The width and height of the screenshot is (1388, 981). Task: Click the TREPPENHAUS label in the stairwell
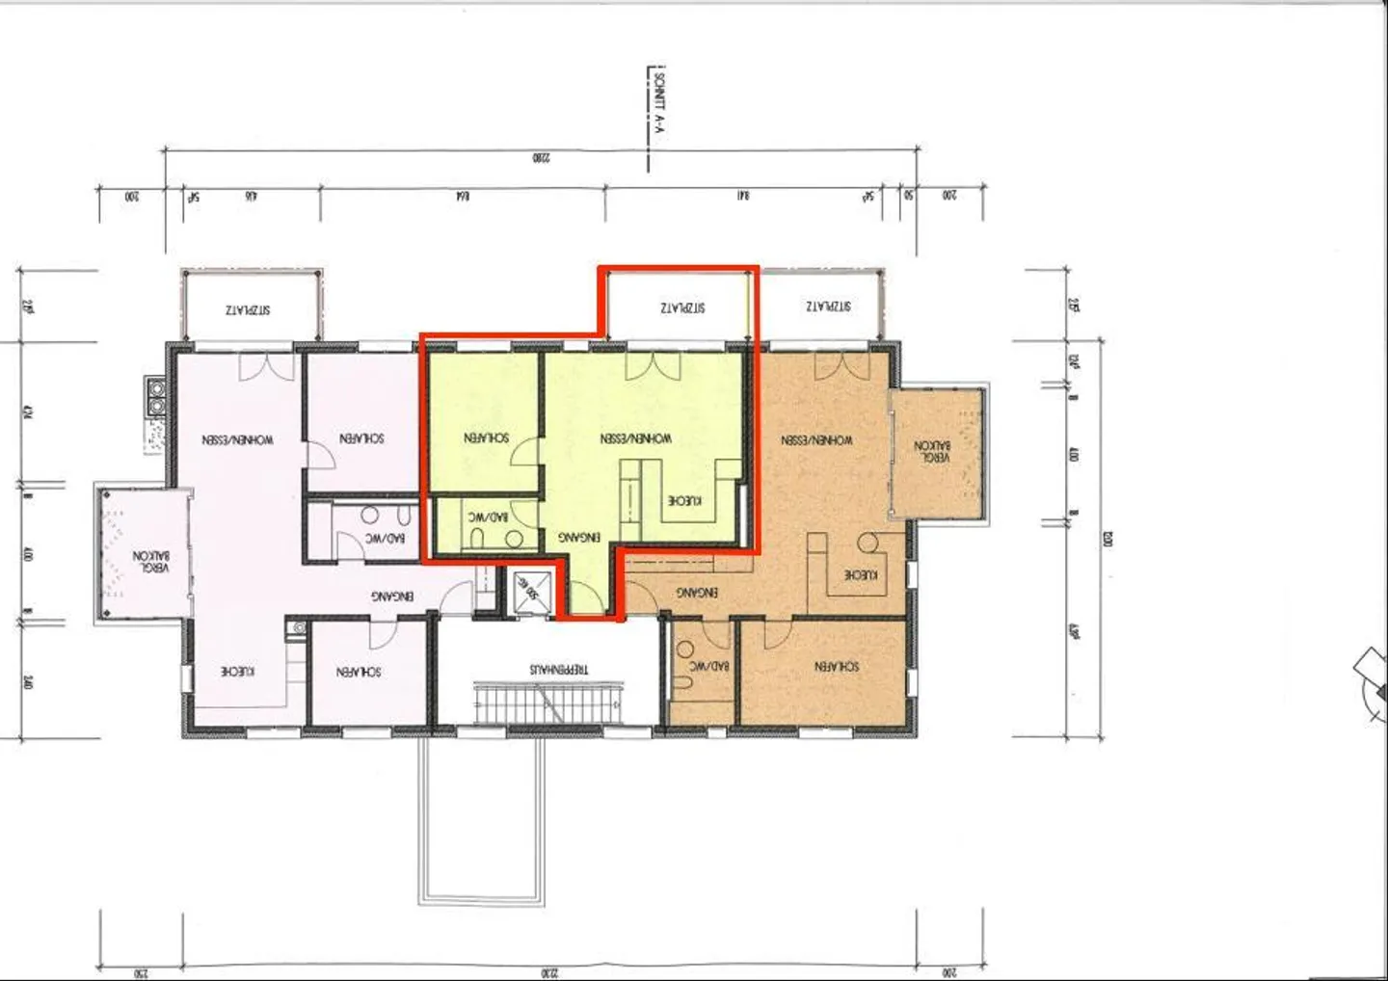pyautogui.click(x=558, y=669)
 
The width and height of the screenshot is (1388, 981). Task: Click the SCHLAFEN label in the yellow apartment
pyautogui.click(x=486, y=437)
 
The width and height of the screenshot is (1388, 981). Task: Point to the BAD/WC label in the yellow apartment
pyautogui.click(x=488, y=517)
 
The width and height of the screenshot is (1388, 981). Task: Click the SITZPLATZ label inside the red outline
pyautogui.click(x=682, y=308)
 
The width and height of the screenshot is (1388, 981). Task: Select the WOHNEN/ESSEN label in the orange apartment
pyautogui.click(x=816, y=440)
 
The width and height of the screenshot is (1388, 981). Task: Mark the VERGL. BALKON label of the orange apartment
pyautogui.click(x=932, y=452)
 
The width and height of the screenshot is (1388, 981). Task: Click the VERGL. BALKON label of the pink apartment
pyautogui.click(x=151, y=562)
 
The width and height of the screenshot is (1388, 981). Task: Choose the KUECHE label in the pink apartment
pyautogui.click(x=237, y=672)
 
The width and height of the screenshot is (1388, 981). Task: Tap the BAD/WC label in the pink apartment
pyautogui.click(x=385, y=539)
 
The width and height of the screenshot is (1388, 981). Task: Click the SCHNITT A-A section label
pyautogui.click(x=658, y=106)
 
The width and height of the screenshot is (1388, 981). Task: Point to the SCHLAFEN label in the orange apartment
pyautogui.click(x=836, y=667)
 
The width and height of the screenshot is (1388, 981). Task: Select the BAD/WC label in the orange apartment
pyautogui.click(x=708, y=666)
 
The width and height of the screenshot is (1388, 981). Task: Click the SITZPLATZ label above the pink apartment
pyautogui.click(x=248, y=310)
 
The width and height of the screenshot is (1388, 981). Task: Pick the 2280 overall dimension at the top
pyautogui.click(x=541, y=157)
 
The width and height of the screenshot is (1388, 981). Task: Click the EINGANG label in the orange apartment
pyautogui.click(x=696, y=593)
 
